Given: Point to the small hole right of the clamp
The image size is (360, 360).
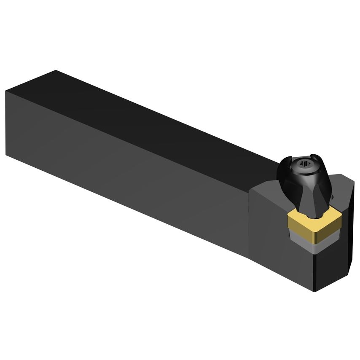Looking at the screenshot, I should (x=333, y=197).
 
